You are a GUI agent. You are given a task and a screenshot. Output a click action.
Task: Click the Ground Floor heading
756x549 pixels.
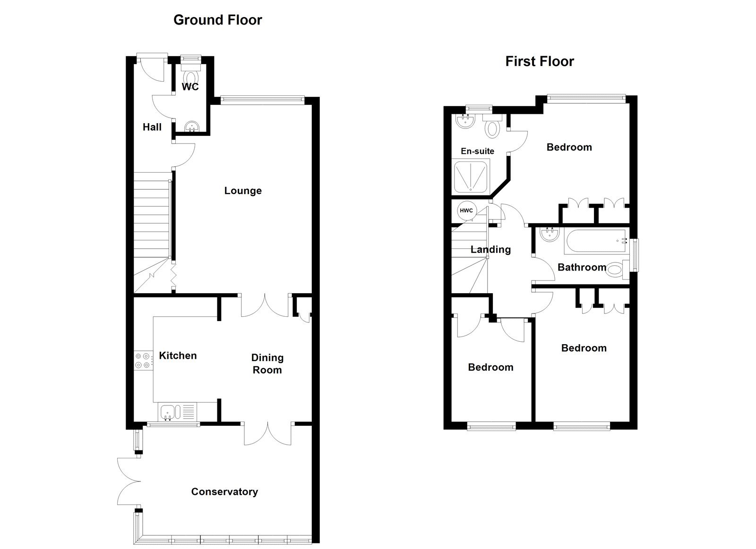coord(217,20)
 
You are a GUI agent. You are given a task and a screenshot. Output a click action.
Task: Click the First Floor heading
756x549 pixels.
coord(539,61)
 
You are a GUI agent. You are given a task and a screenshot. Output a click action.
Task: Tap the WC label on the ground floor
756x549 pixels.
coord(190,87)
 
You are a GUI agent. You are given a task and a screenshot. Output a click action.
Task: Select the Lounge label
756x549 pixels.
coord(243,191)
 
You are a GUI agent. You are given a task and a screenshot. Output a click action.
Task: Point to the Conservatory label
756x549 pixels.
coord(224,492)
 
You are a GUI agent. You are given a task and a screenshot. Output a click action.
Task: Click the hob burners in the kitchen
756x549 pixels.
coord(143,360)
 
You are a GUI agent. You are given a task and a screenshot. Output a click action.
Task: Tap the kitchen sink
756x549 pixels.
coord(168,412)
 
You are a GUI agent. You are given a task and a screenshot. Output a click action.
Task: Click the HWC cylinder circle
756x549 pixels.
coord(466,211)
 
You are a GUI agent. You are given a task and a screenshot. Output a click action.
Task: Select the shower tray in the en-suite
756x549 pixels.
coord(471,177)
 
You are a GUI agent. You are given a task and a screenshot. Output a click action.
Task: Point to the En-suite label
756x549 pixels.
coord(477,151)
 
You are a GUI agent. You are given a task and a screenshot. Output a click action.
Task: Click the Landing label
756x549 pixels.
coord(490,249)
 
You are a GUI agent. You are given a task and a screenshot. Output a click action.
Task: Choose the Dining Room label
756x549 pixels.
coord(267,364)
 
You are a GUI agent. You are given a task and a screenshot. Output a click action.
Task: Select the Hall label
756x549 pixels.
coord(152,127)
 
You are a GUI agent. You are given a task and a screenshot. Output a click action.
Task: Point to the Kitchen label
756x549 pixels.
coord(178,355)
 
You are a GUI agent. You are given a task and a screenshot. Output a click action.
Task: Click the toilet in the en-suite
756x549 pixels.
coord(493,127)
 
